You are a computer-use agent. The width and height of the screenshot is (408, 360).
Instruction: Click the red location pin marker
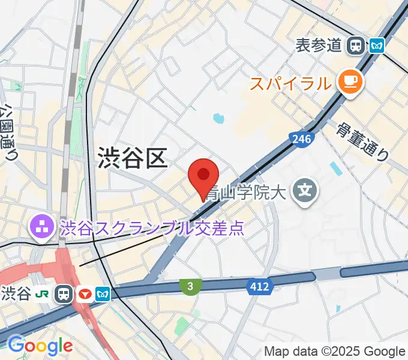click(203, 176)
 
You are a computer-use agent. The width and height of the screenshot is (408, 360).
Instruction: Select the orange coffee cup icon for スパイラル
click(350, 82)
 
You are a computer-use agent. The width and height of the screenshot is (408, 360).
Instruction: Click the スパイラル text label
click(290, 83)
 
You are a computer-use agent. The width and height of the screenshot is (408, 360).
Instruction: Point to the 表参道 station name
click(319, 45)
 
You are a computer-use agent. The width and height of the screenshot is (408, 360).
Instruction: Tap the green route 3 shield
click(190, 287)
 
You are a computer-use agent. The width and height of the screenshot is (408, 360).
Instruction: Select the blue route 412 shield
click(259, 287)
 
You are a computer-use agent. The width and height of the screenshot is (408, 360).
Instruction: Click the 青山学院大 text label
click(247, 193)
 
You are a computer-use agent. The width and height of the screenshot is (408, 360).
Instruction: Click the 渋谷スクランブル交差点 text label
click(152, 228)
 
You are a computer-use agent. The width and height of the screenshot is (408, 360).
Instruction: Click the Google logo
click(40, 346)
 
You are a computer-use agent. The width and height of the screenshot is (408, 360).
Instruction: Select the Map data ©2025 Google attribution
click(335, 352)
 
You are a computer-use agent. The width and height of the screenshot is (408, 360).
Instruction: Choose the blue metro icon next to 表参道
click(377, 45)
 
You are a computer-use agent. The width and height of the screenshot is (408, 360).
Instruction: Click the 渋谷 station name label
click(16, 294)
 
